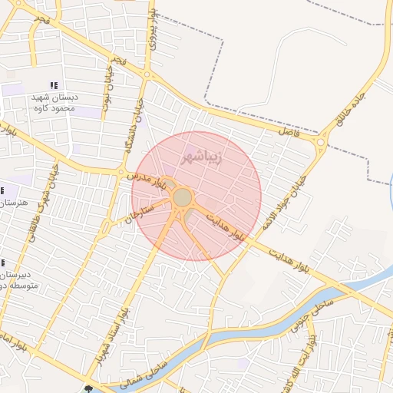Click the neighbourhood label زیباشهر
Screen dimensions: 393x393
(202, 158)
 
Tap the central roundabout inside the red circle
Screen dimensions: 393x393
(183, 198)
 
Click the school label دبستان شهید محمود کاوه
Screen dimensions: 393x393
(53, 103)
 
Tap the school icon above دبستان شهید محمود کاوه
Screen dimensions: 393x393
(53, 85)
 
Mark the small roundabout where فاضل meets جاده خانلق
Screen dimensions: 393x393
(321, 140)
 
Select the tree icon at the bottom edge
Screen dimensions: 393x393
(91, 388)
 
